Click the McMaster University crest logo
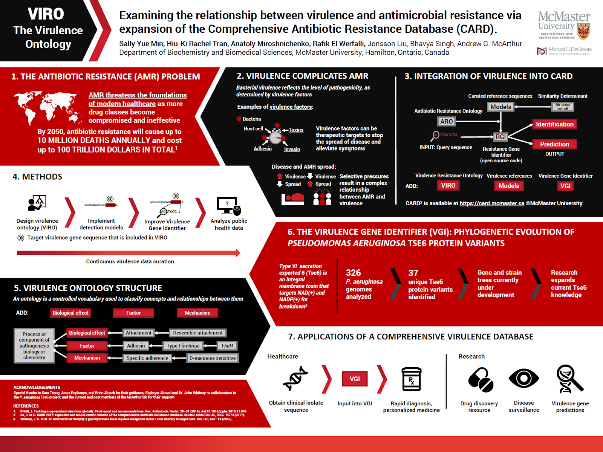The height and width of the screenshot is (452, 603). click(583, 32)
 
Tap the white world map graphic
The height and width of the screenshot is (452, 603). click(48, 107)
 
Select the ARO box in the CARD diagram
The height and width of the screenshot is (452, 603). click(446, 121)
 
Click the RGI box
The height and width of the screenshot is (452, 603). click(500, 137)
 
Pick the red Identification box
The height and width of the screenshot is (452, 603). click(554, 124)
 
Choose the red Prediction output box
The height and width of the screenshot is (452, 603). click(554, 144)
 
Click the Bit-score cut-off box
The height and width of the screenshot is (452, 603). click(563, 107)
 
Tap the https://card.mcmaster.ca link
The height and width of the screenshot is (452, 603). click(491, 203)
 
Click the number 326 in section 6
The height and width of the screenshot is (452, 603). click(353, 273)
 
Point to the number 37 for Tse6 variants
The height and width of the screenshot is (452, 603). click(413, 273)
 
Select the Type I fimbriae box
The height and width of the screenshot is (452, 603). click(183, 346)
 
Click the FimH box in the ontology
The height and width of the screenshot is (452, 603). click(227, 346)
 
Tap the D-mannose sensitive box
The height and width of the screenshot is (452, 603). click(213, 358)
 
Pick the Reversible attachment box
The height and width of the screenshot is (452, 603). click(197, 333)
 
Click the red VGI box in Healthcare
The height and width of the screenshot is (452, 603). click(355, 379)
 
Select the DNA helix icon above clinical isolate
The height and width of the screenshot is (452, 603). click(295, 379)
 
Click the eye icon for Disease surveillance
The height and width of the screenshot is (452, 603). click(523, 378)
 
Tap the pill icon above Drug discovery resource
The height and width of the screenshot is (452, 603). click(481, 380)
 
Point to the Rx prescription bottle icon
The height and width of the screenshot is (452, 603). click(411, 379)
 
